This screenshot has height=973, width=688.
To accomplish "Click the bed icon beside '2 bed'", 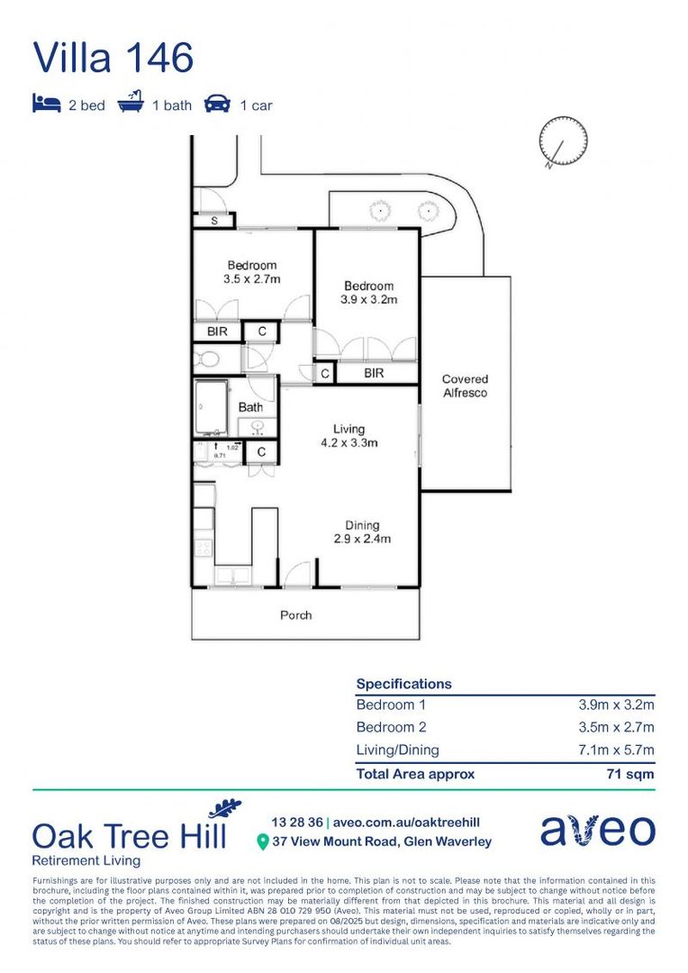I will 47,105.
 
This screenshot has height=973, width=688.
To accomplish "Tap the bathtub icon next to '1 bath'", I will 131,104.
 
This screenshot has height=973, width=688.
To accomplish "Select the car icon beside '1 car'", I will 217,105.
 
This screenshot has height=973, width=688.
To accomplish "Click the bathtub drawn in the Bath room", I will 212,408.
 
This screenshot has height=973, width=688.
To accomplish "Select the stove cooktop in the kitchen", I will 204,547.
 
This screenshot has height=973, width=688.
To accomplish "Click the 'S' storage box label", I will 214,220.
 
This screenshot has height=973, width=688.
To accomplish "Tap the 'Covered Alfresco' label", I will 466,386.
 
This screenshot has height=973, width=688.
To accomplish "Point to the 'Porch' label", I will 296,615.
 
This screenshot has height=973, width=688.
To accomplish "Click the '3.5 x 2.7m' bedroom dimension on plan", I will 252,279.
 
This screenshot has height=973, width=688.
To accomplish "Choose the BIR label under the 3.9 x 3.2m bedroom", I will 375,372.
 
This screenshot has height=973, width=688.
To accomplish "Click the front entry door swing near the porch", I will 298,574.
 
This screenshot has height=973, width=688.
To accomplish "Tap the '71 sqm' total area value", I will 629,774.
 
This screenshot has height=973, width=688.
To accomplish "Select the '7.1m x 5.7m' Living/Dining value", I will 616,750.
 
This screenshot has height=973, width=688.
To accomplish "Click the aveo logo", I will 598,831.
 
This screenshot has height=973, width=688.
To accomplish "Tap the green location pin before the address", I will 262,842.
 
